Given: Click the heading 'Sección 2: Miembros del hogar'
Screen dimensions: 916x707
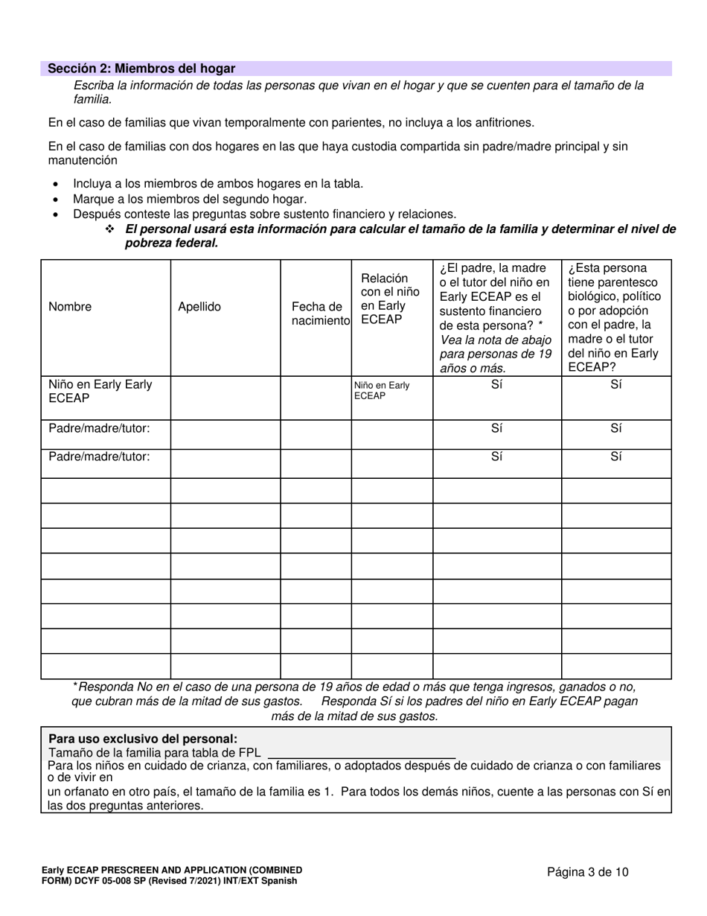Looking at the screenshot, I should tap(141, 69).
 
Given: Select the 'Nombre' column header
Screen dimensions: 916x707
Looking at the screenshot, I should tap(70, 307).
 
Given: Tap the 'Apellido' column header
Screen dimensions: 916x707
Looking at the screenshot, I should tap(199, 307).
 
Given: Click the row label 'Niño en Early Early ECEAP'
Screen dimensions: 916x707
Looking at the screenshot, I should tap(100, 391).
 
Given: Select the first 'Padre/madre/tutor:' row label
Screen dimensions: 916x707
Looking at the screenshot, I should tap(99, 428).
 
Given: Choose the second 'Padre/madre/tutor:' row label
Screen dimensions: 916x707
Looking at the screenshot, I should tap(99, 457).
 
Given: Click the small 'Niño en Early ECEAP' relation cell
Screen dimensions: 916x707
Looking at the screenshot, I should tap(382, 390).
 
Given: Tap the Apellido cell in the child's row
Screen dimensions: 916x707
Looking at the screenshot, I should tap(225, 398).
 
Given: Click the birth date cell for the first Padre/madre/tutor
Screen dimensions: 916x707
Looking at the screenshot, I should tap(316, 434).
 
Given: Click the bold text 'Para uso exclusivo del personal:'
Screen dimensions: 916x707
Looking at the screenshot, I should tap(143, 740).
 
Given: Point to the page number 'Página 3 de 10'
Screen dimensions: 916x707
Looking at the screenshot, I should tap(588, 872).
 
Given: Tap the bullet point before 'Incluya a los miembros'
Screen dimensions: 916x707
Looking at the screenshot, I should tap(57, 184).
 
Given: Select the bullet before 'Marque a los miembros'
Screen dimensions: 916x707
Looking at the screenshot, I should tap(57, 200).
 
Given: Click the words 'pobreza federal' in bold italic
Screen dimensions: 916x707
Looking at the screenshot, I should tap(171, 244).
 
